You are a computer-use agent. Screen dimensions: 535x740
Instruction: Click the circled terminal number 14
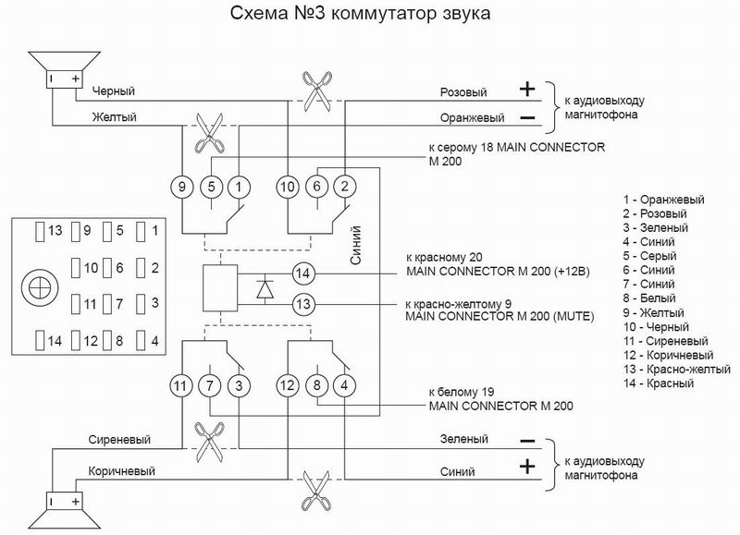tap(302, 273)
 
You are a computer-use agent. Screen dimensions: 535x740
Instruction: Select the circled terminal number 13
tap(302, 304)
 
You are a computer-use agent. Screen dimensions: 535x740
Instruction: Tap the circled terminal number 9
tap(183, 187)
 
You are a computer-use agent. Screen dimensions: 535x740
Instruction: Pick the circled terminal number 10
tap(289, 187)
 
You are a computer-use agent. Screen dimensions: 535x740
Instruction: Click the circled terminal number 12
tap(289, 383)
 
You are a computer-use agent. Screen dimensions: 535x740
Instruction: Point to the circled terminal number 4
tap(344, 383)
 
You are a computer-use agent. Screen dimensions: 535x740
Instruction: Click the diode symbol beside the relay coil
tap(265, 288)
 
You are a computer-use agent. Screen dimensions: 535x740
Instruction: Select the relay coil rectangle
tap(219, 288)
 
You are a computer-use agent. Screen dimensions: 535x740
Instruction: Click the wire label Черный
tap(115, 91)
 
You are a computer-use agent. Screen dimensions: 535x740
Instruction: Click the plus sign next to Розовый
tap(526, 90)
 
